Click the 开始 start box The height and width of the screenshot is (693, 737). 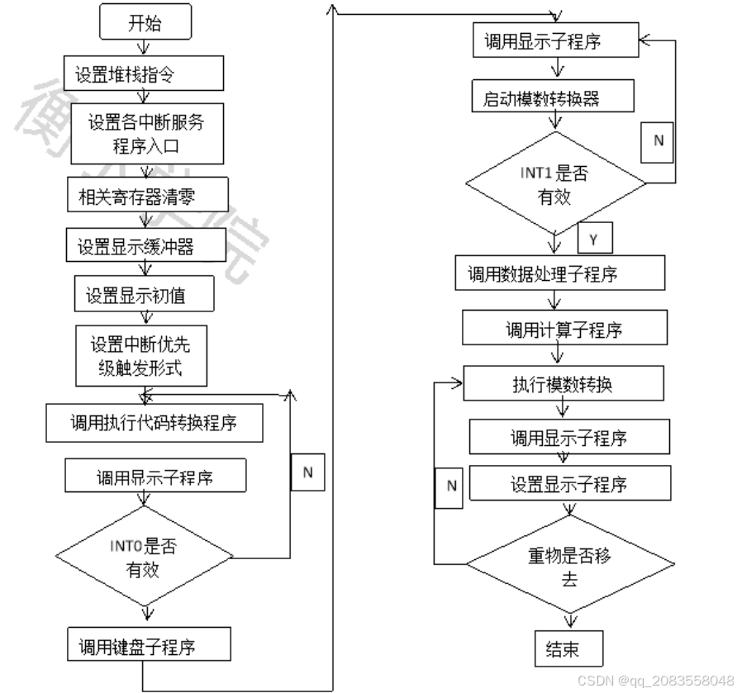(x=145, y=22)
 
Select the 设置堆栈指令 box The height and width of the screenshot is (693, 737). (x=145, y=74)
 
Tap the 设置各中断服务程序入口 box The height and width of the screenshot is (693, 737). (x=147, y=134)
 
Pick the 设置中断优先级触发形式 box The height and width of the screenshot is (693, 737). (x=139, y=355)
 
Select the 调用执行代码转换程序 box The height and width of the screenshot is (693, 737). (x=154, y=422)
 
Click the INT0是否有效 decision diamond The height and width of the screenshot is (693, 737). (x=144, y=558)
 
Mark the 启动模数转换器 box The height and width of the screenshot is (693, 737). (x=554, y=97)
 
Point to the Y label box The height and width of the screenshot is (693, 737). (x=594, y=238)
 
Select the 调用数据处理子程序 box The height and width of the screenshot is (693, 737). (x=559, y=273)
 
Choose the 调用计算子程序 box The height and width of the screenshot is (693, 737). (x=564, y=330)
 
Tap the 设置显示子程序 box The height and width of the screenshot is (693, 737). (x=569, y=484)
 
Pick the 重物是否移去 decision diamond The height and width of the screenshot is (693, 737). (x=569, y=565)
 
